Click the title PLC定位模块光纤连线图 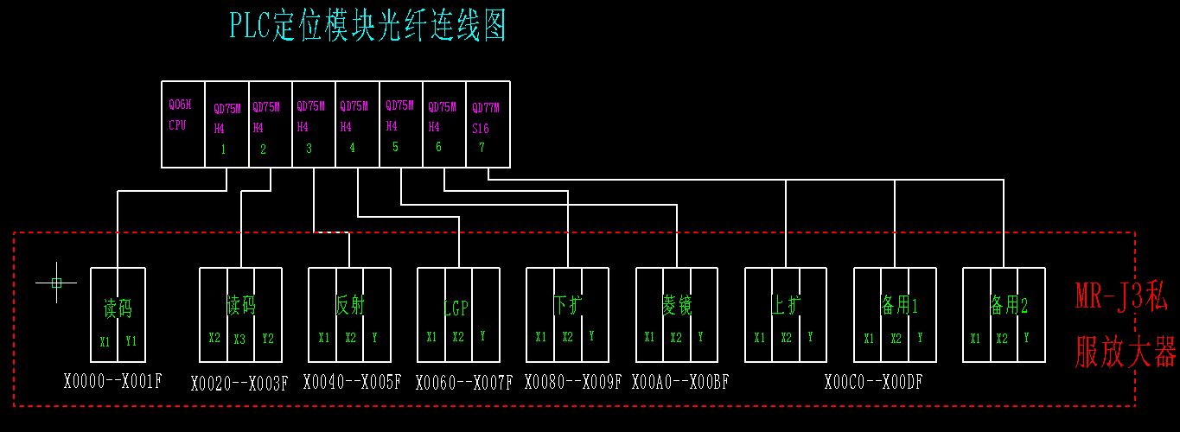point(367,26)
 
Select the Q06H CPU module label point(177,114)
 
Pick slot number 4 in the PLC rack point(352,147)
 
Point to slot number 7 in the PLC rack point(482,147)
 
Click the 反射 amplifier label point(350,305)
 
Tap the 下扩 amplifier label point(567,305)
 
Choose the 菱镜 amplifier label point(676,305)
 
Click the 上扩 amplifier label point(786,305)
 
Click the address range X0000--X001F point(112,380)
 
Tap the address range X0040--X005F point(352,381)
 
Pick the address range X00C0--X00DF point(873,381)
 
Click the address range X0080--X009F point(572,381)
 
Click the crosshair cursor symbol point(57,282)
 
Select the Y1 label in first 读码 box point(131,341)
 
